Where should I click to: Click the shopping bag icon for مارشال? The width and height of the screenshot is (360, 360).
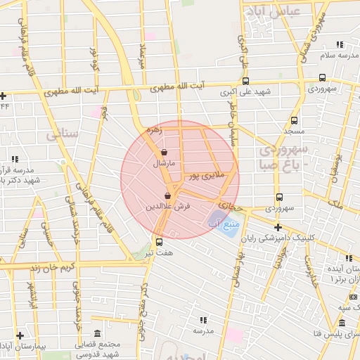[x=164, y=152]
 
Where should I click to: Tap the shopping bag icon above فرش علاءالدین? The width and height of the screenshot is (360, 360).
[x=167, y=195]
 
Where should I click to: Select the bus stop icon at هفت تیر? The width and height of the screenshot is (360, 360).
[x=158, y=241]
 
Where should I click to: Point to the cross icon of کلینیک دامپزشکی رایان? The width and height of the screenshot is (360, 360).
[x=278, y=227]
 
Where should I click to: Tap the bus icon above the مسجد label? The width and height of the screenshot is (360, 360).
[x=294, y=120]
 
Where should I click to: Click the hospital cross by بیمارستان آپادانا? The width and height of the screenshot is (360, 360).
[x=20, y=335]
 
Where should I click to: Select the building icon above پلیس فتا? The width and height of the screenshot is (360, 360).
[x=342, y=323]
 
